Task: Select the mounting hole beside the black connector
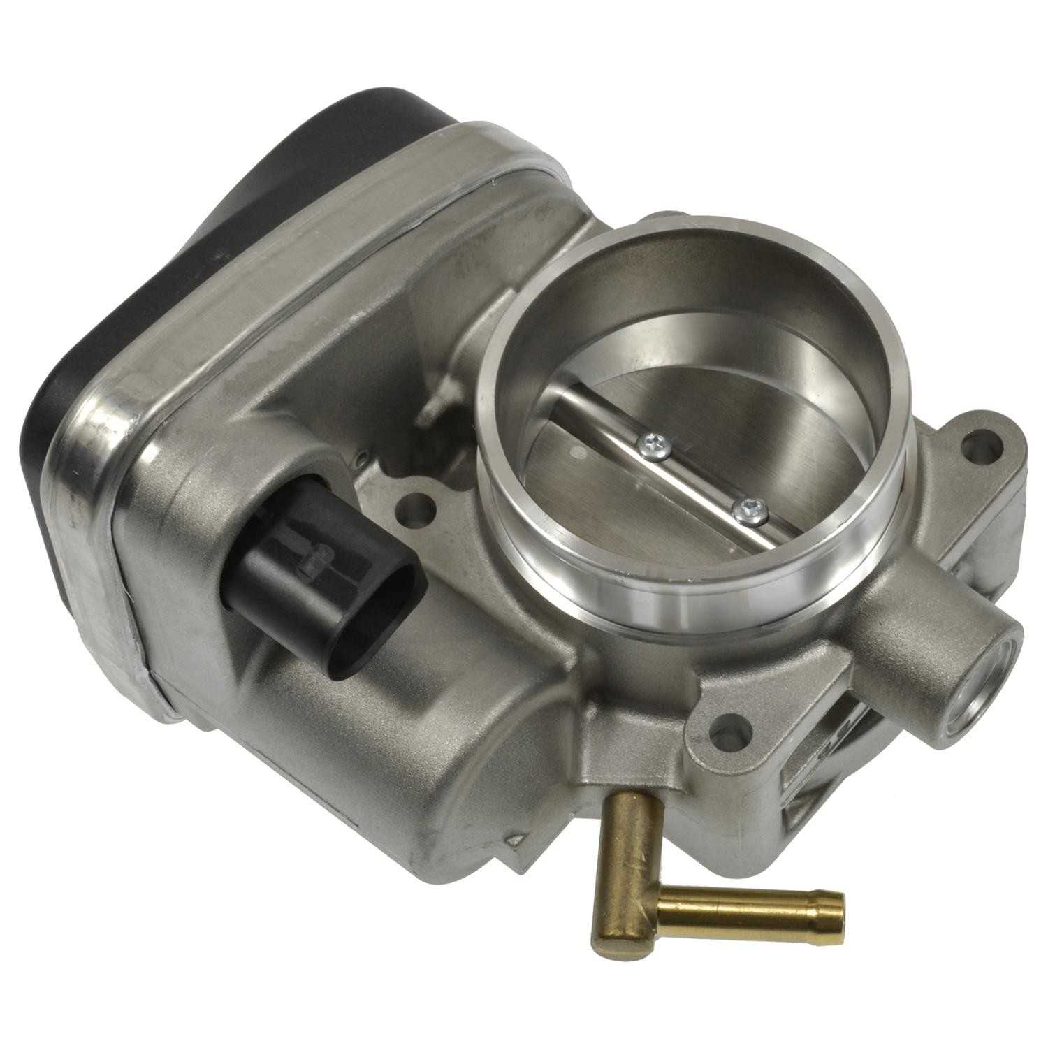click(x=418, y=509)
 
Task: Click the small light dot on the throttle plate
click(x=576, y=454)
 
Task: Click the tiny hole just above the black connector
click(x=361, y=458)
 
